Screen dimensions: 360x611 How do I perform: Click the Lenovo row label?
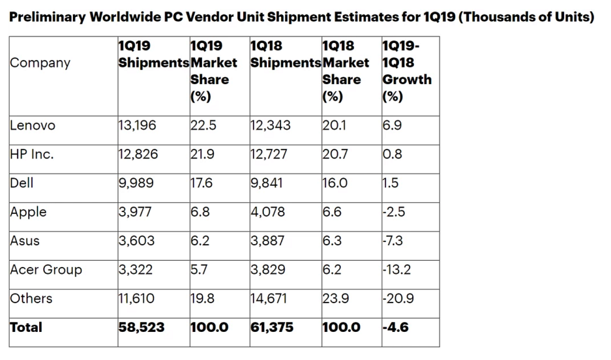click(32, 125)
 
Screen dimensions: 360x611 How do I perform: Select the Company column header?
click(40, 63)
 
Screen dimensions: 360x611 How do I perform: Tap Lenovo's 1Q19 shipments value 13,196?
click(138, 125)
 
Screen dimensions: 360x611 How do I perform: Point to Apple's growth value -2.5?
click(394, 212)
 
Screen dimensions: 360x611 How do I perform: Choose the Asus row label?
click(24, 241)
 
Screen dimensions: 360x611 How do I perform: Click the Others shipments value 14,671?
click(269, 299)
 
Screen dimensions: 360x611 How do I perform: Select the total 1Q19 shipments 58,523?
click(142, 328)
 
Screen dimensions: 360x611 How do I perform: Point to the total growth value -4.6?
click(395, 328)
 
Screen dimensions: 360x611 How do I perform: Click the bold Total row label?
click(26, 328)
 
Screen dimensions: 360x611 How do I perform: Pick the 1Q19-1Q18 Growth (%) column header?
click(407, 71)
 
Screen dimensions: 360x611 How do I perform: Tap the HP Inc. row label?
click(32, 154)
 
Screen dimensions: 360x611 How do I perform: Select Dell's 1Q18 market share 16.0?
click(335, 183)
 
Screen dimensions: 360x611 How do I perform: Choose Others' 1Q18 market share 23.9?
click(335, 299)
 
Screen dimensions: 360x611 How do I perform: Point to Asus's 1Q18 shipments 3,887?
click(267, 241)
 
